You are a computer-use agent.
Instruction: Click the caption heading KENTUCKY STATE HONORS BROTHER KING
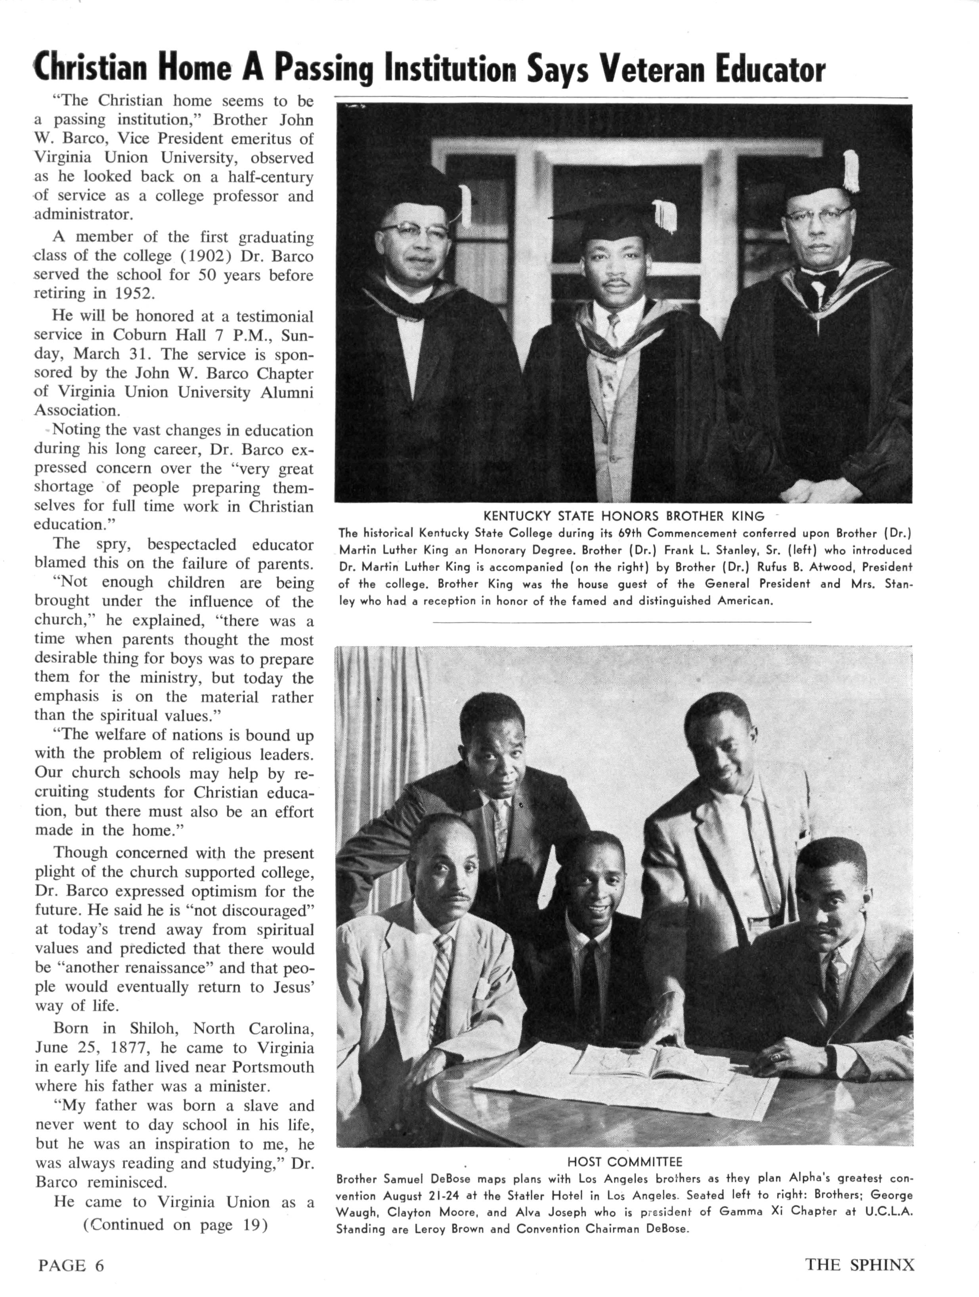tap(624, 517)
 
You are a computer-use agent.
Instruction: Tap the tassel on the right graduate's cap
tap(851, 171)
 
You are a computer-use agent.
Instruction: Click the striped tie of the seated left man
tap(440, 991)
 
